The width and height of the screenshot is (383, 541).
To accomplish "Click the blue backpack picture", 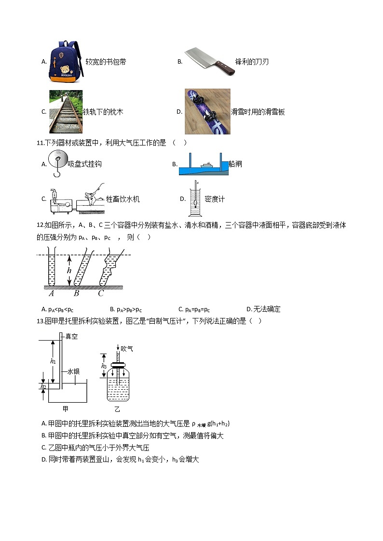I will pyautogui.click(x=66, y=61).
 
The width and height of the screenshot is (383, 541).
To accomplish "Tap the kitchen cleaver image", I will pyautogui.click(x=209, y=61).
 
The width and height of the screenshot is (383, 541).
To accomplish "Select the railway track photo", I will pyautogui.click(x=66, y=111).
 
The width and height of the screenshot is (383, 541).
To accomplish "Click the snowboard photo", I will pyautogui.click(x=207, y=111).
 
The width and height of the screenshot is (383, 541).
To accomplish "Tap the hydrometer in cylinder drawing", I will pyautogui.click(x=196, y=198).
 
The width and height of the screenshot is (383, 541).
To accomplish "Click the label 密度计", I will pyautogui.click(x=215, y=199).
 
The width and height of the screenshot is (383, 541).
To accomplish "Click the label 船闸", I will pyautogui.click(x=235, y=164).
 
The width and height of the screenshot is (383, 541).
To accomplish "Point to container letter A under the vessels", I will pyautogui.click(x=51, y=293).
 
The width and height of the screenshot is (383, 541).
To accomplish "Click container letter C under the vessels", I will pyautogui.click(x=101, y=293).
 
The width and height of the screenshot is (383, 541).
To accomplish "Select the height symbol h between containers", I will pyautogui.click(x=69, y=270).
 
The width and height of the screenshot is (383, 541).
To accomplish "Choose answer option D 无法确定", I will pyautogui.click(x=263, y=309).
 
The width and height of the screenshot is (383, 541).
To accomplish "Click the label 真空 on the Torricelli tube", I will pyautogui.click(x=71, y=337).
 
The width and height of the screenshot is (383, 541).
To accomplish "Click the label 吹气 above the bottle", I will pyautogui.click(x=127, y=348).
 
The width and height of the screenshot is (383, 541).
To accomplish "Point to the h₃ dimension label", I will pyautogui.click(x=104, y=366).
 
